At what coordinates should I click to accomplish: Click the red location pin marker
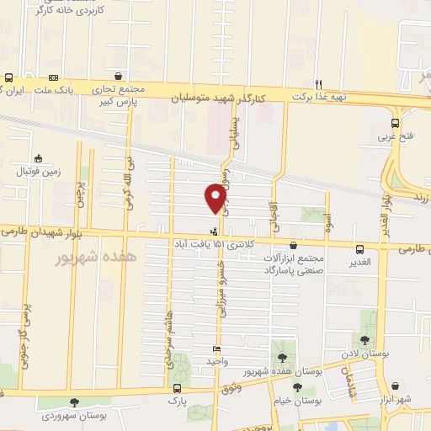(215, 198)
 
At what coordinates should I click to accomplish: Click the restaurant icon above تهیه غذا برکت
(318, 84)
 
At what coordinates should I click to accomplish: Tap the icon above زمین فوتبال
(38, 158)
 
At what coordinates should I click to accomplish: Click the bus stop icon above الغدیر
(360, 249)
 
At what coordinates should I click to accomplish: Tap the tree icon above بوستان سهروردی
(76, 403)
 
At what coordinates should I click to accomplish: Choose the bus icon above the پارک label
(177, 388)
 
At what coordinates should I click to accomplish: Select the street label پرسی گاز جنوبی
(24, 337)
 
